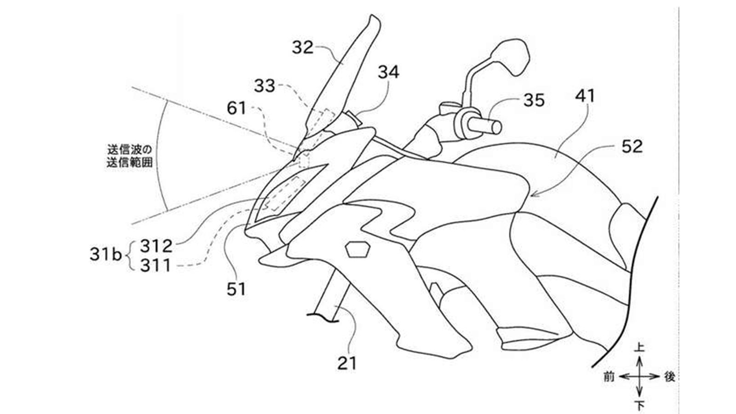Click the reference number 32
coord(303,47)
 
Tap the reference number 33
coord(264,86)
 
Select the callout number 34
coord(389,72)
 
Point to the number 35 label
coord(534,100)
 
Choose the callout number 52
coord(632,147)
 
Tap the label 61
coord(237,109)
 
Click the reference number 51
coord(236,289)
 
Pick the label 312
coord(156,247)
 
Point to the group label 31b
coord(105,255)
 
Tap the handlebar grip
coord(483,124)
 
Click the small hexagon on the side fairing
coord(358,248)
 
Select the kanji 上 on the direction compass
coord(639,348)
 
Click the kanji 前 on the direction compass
coord(609,377)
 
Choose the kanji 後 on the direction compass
coord(669,377)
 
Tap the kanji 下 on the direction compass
coord(639,406)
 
